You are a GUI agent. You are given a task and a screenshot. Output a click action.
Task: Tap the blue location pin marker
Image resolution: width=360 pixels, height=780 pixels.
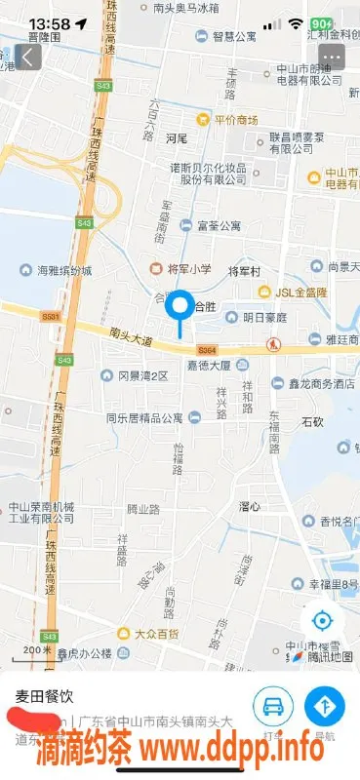point(180,308)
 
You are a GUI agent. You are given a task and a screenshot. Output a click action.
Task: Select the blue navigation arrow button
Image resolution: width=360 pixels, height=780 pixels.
point(325,705)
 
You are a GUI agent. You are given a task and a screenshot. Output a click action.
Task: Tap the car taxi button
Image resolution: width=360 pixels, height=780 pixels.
point(274,705)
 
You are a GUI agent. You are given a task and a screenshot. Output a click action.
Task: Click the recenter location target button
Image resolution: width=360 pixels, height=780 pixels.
point(323,619)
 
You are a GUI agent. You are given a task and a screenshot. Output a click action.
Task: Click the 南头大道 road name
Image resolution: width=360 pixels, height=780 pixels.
point(132,338)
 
